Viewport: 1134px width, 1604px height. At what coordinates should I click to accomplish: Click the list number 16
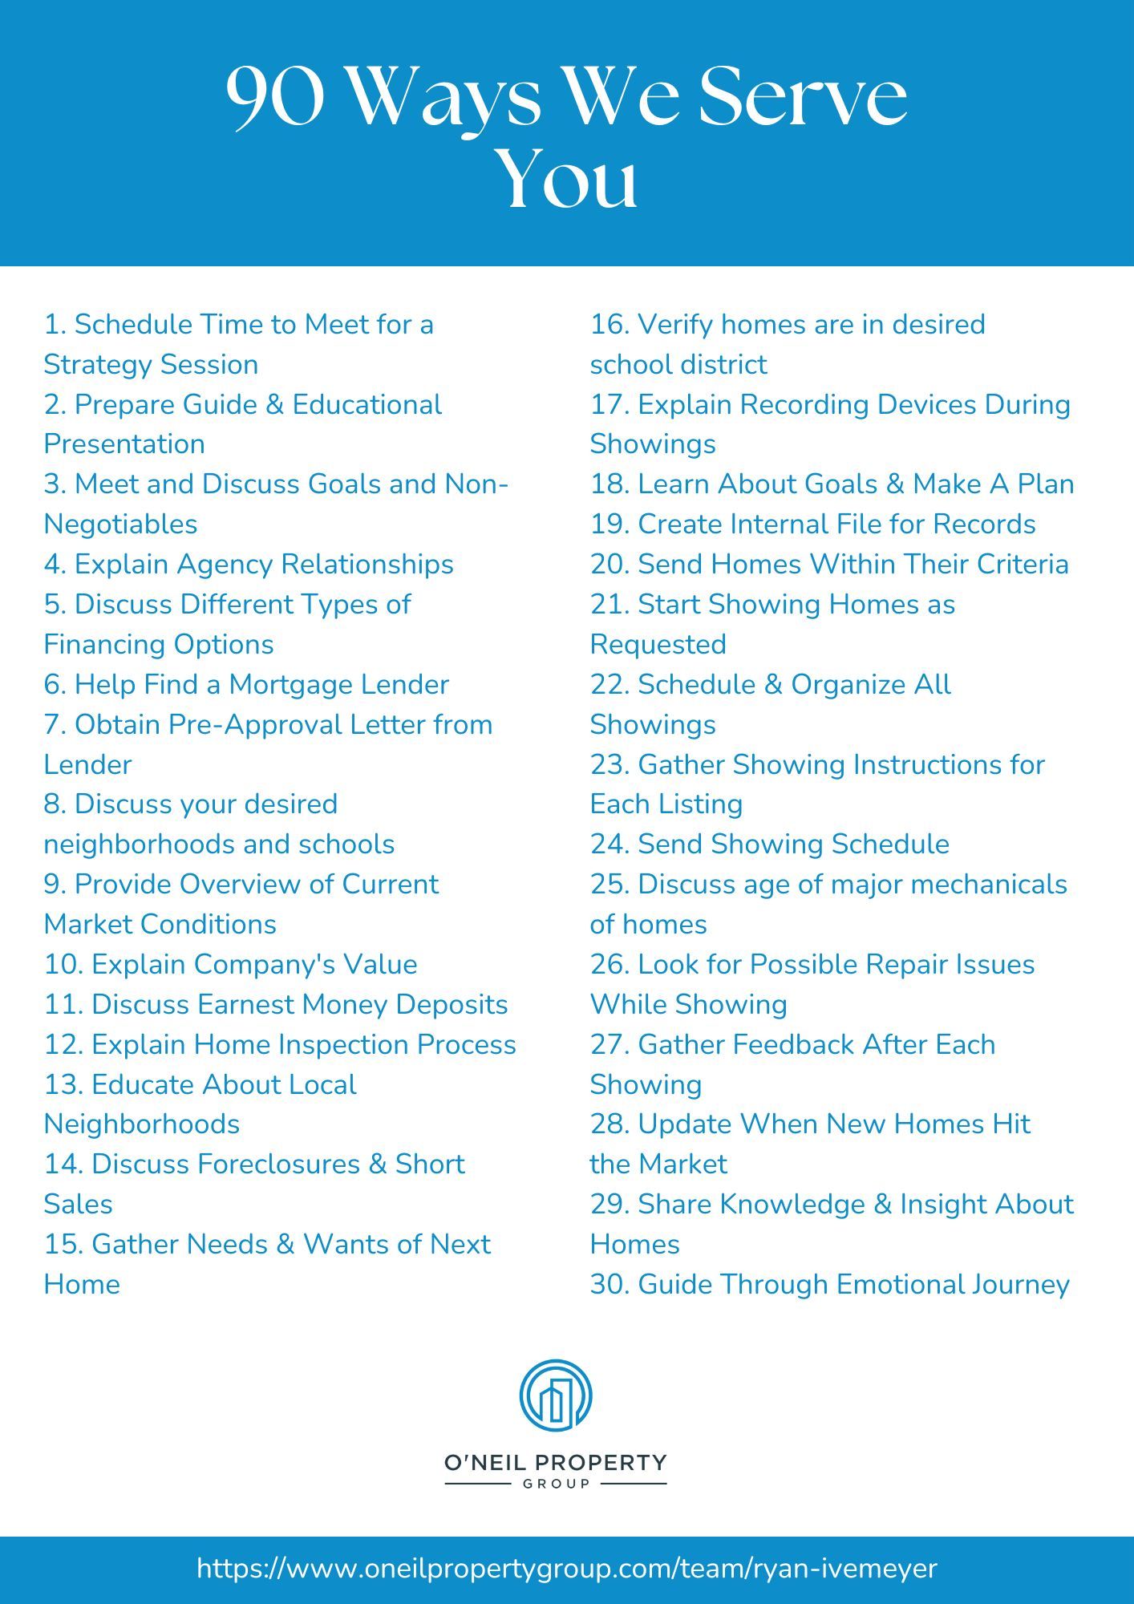point(610,325)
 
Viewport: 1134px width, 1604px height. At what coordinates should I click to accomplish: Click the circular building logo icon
point(556,1395)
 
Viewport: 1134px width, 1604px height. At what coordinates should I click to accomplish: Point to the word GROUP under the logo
point(556,1484)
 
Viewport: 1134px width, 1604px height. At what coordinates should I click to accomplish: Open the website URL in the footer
point(566,1569)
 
